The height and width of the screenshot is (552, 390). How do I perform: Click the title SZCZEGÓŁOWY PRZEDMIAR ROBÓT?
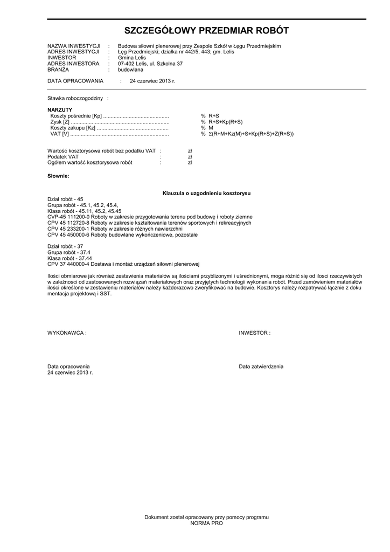(x=206, y=30)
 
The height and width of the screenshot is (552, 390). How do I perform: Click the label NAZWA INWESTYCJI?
(x=74, y=46)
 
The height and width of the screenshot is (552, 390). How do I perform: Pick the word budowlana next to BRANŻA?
(x=131, y=70)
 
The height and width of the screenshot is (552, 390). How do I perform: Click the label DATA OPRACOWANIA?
(x=75, y=81)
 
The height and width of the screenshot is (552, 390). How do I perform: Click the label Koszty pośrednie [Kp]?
(x=76, y=116)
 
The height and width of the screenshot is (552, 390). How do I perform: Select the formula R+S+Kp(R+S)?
(x=226, y=122)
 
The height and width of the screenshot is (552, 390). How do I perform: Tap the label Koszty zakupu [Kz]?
(x=73, y=128)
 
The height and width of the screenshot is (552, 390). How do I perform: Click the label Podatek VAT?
(x=63, y=156)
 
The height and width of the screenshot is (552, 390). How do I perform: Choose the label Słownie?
(x=58, y=176)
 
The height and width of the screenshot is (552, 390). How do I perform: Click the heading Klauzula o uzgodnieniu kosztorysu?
(x=206, y=193)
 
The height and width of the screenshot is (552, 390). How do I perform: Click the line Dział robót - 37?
(x=65, y=246)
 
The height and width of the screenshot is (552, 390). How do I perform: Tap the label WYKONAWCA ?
(x=67, y=333)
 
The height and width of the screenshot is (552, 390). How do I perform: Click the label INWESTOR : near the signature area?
(x=254, y=333)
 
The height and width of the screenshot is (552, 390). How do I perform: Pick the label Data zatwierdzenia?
(x=261, y=367)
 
